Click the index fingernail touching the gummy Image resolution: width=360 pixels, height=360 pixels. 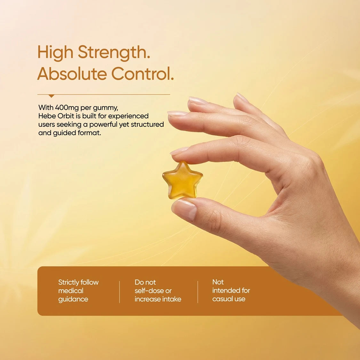[179, 151]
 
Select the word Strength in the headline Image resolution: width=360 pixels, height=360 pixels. [114, 52]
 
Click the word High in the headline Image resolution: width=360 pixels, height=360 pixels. [55, 52]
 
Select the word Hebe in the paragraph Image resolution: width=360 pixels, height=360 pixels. [47, 116]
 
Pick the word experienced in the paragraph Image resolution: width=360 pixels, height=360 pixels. [128, 116]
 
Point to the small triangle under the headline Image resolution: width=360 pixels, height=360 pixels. [51, 96]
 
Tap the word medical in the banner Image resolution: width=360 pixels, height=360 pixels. [71, 291]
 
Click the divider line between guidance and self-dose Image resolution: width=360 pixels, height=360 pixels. [120, 292]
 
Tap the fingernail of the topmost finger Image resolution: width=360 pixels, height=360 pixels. [242, 98]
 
